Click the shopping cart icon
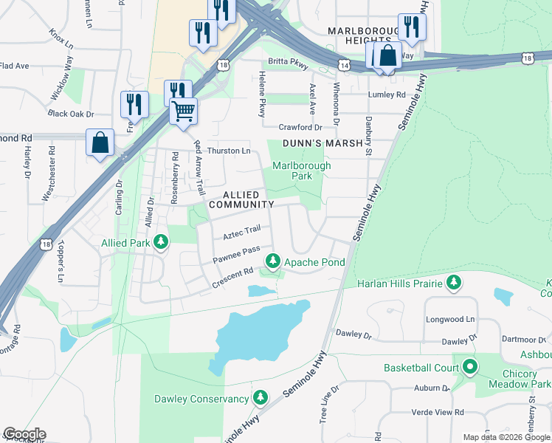183,111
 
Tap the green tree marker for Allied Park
159,242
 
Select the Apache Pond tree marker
273,261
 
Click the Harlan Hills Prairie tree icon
454,283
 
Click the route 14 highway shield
344,66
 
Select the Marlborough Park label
302,171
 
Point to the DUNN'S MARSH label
324,143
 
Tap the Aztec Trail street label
242,233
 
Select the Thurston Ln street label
228,151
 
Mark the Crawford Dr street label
300,127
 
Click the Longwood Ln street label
449,319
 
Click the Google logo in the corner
24,434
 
